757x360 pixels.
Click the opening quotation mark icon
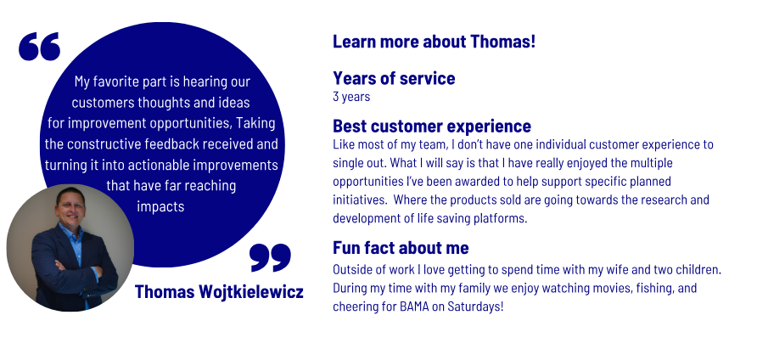[x=40, y=47]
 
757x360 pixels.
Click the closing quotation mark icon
[x=271, y=257]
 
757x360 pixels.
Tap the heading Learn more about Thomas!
[x=434, y=42]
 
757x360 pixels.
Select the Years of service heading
[x=394, y=78]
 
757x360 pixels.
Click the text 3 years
[x=351, y=97]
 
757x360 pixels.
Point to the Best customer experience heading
[x=432, y=127]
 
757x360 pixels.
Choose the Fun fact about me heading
[x=401, y=248]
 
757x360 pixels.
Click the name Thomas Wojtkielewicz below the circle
[x=219, y=292]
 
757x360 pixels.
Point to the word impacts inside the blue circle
[x=160, y=207]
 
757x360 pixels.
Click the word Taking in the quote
[x=255, y=124]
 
